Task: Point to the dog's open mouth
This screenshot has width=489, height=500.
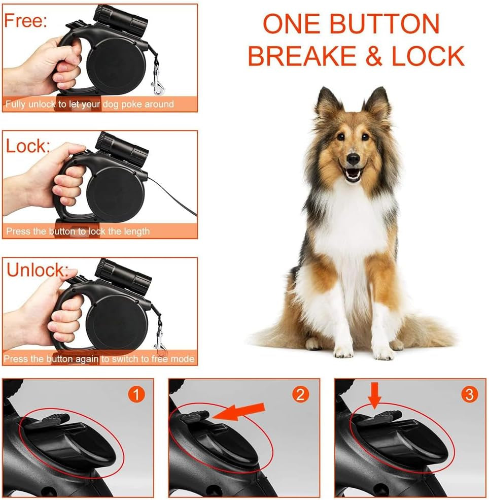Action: point(353,174)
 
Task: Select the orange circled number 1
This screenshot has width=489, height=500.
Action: point(136,394)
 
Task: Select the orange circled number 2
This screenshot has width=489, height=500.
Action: point(301,394)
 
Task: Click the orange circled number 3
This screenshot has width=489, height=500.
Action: point(468,394)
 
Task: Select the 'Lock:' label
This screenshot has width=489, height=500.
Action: point(28,146)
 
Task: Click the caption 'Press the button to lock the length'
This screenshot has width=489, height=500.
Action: point(78,231)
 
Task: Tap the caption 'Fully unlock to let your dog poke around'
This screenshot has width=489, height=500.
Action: point(89,105)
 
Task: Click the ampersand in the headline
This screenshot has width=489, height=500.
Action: point(373,56)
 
